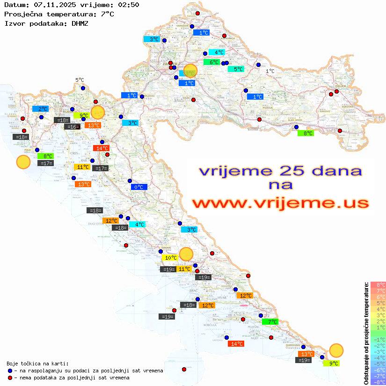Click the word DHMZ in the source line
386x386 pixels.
tap(80, 23)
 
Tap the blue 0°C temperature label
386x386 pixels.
tap(139, 187)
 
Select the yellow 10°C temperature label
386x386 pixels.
tap(170, 258)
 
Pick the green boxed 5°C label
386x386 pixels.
tap(238, 69)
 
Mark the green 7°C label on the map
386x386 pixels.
tap(272, 322)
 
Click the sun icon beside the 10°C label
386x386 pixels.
tap(186, 254)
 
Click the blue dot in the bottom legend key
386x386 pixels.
tap(10, 371)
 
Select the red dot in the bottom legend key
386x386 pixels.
tap(10, 378)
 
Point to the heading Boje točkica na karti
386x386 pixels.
tap(37, 364)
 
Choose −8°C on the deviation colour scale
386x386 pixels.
tap(378, 382)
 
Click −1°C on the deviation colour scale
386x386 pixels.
tap(378, 339)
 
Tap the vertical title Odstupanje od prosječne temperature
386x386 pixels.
tap(366, 333)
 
